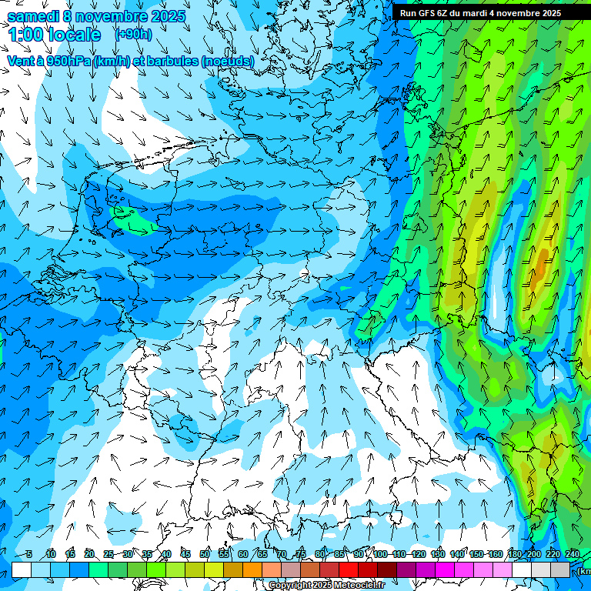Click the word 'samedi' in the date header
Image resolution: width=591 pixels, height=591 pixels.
pos(33,16)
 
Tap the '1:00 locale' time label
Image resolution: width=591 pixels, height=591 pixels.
pos(55,35)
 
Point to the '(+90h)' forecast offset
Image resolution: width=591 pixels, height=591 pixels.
pos(133,34)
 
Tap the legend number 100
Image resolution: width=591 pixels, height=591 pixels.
pos(380,554)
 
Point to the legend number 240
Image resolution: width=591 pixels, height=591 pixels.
pos(572,554)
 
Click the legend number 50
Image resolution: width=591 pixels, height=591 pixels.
pos(205,554)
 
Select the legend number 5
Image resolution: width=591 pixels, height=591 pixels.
pos(29,554)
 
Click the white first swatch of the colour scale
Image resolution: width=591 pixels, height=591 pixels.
pos(22,569)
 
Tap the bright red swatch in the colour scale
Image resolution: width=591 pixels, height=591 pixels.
pos(349,569)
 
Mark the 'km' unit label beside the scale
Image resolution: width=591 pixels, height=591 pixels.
pos(584,571)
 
